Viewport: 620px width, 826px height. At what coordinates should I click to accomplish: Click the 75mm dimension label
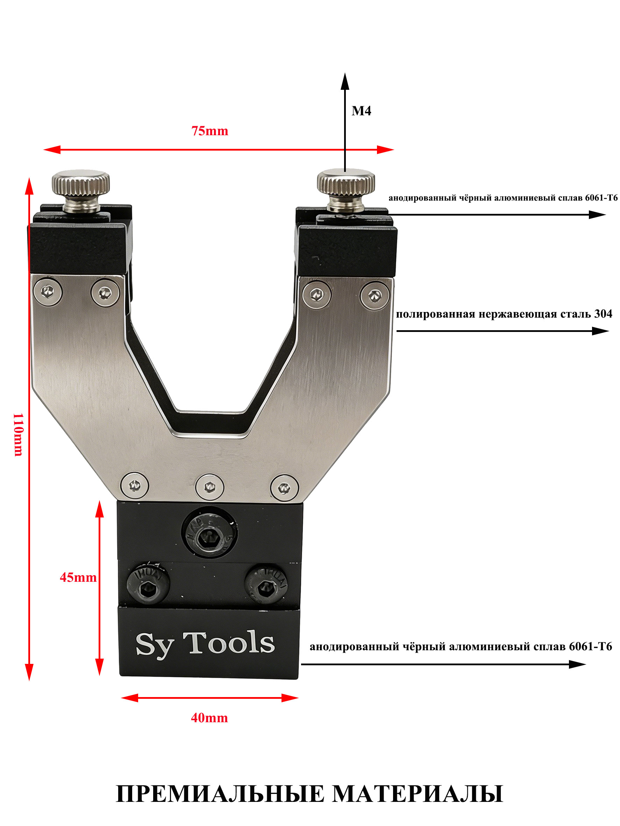coord(210,131)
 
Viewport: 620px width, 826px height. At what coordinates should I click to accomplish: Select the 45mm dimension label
coord(78,578)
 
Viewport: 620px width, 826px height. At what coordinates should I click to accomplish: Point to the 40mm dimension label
coord(209,718)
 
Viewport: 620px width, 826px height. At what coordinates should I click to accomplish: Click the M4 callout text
coord(361,111)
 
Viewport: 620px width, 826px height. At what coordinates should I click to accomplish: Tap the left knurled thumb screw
coord(81,190)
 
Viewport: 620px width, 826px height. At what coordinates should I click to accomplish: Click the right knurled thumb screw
coord(346,190)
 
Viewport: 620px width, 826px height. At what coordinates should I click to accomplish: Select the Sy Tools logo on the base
coord(205,643)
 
